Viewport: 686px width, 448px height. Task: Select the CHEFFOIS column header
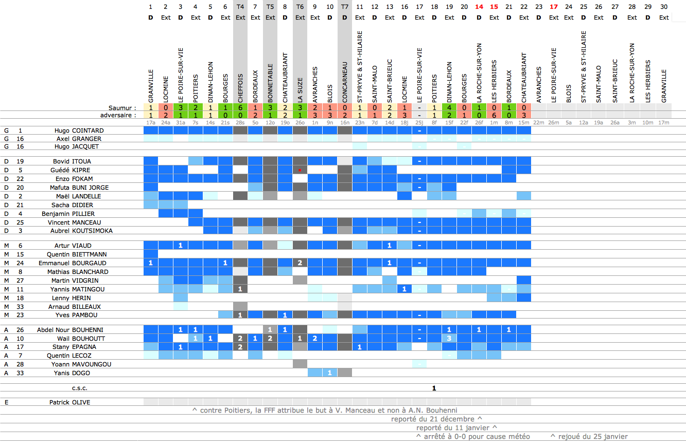click(x=240, y=89)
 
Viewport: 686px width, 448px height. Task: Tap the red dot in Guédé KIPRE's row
click(x=300, y=170)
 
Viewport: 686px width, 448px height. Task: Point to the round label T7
click(x=345, y=7)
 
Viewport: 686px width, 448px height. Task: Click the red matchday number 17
click(x=554, y=7)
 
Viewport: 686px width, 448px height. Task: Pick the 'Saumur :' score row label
click(x=122, y=108)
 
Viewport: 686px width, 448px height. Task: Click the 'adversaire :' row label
click(x=119, y=115)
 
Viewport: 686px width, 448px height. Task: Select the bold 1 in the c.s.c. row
click(x=434, y=388)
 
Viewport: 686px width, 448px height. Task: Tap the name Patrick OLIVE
click(x=69, y=402)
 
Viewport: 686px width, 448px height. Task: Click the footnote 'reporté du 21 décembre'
click(x=436, y=419)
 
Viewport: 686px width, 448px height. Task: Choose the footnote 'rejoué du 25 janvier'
click(x=589, y=437)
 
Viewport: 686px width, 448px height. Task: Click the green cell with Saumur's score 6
click(x=240, y=108)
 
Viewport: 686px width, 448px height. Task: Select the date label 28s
click(x=240, y=123)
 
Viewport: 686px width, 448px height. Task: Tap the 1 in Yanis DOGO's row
click(x=330, y=372)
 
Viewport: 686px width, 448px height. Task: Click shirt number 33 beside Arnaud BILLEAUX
click(x=20, y=306)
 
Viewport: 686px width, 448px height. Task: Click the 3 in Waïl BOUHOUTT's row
click(x=449, y=338)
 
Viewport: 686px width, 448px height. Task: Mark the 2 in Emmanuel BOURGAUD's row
click(x=300, y=263)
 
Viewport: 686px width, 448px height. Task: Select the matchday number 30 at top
click(x=664, y=7)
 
